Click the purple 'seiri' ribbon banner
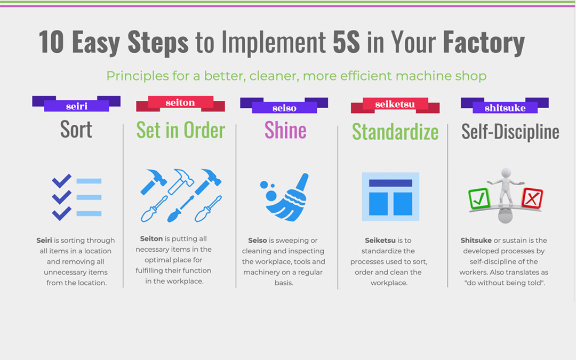tap(76, 103)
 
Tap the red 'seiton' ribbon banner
tap(180, 103)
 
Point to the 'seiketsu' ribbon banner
tap(395, 105)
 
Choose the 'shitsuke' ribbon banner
tap(505, 106)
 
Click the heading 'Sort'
tap(76, 129)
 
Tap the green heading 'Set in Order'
tap(180, 130)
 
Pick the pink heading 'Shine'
tap(285, 130)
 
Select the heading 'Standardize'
tap(395, 132)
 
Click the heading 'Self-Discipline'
tap(510, 132)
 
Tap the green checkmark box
tap(479, 199)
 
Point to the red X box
tap(532, 198)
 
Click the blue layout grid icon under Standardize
tap(390, 196)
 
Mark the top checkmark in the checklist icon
tap(61, 180)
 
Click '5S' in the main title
tap(346, 42)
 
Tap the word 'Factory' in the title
tap(484, 43)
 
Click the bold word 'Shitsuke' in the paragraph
tap(476, 240)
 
